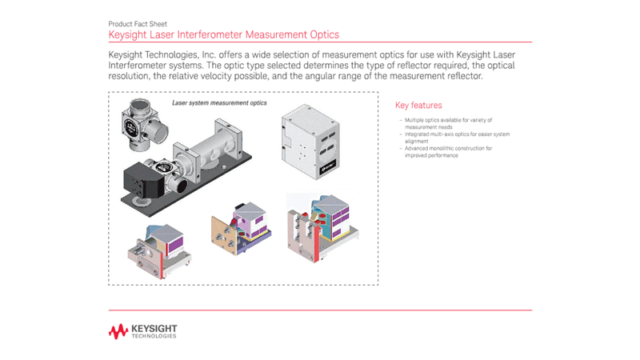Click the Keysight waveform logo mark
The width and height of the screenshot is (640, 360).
(x=118, y=331)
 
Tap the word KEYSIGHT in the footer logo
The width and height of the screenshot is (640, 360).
(x=154, y=328)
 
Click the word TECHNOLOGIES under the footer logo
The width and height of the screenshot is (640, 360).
(x=154, y=336)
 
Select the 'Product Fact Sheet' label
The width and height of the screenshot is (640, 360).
(x=137, y=25)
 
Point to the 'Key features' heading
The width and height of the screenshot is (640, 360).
(x=418, y=106)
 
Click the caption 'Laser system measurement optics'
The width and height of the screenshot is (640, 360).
(x=219, y=103)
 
